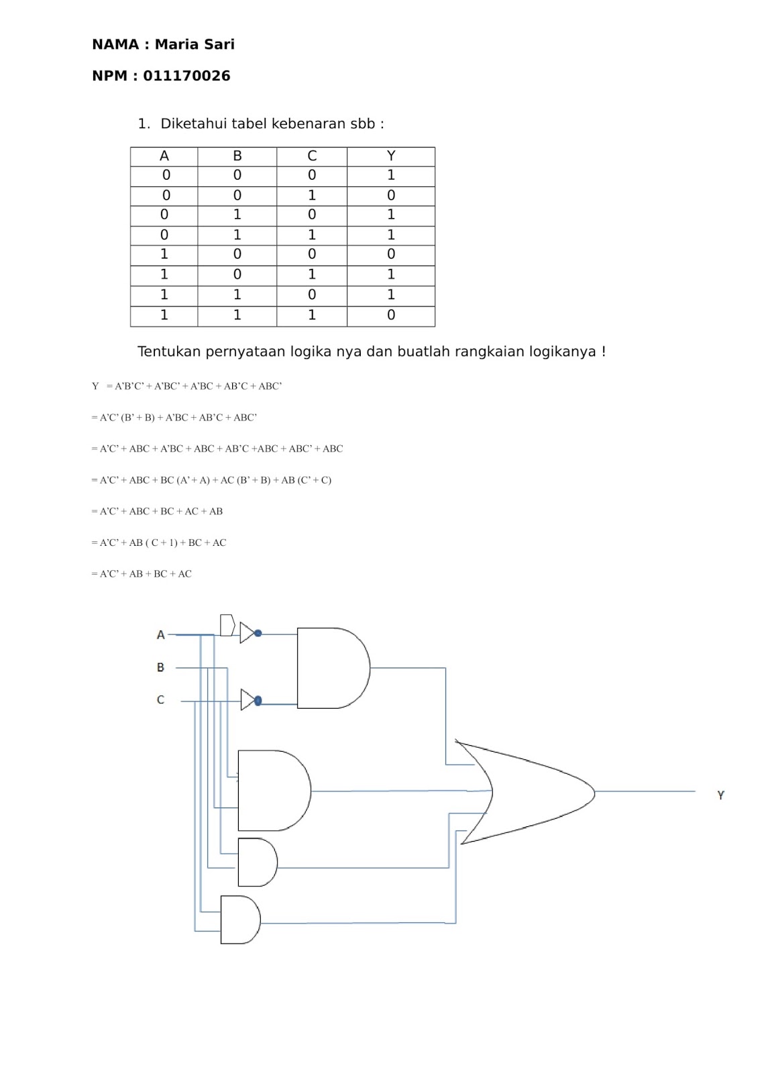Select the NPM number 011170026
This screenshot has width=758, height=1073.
[186, 76]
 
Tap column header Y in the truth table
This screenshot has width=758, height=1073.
[391, 156]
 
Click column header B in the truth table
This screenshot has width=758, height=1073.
[237, 156]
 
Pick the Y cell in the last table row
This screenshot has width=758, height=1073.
[391, 315]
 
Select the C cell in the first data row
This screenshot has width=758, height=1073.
[312, 175]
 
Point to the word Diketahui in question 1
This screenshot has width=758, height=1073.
[193, 123]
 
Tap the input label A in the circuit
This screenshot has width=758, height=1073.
[160, 634]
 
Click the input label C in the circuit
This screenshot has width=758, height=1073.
[160, 699]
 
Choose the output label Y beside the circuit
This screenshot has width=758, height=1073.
[720, 795]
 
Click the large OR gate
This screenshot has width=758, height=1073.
[530, 792]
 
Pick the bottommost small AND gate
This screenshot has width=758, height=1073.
[239, 919]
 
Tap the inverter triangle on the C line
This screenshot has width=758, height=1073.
[248, 699]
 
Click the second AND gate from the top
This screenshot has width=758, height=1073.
[272, 791]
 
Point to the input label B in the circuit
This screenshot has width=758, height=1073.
[160, 667]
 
